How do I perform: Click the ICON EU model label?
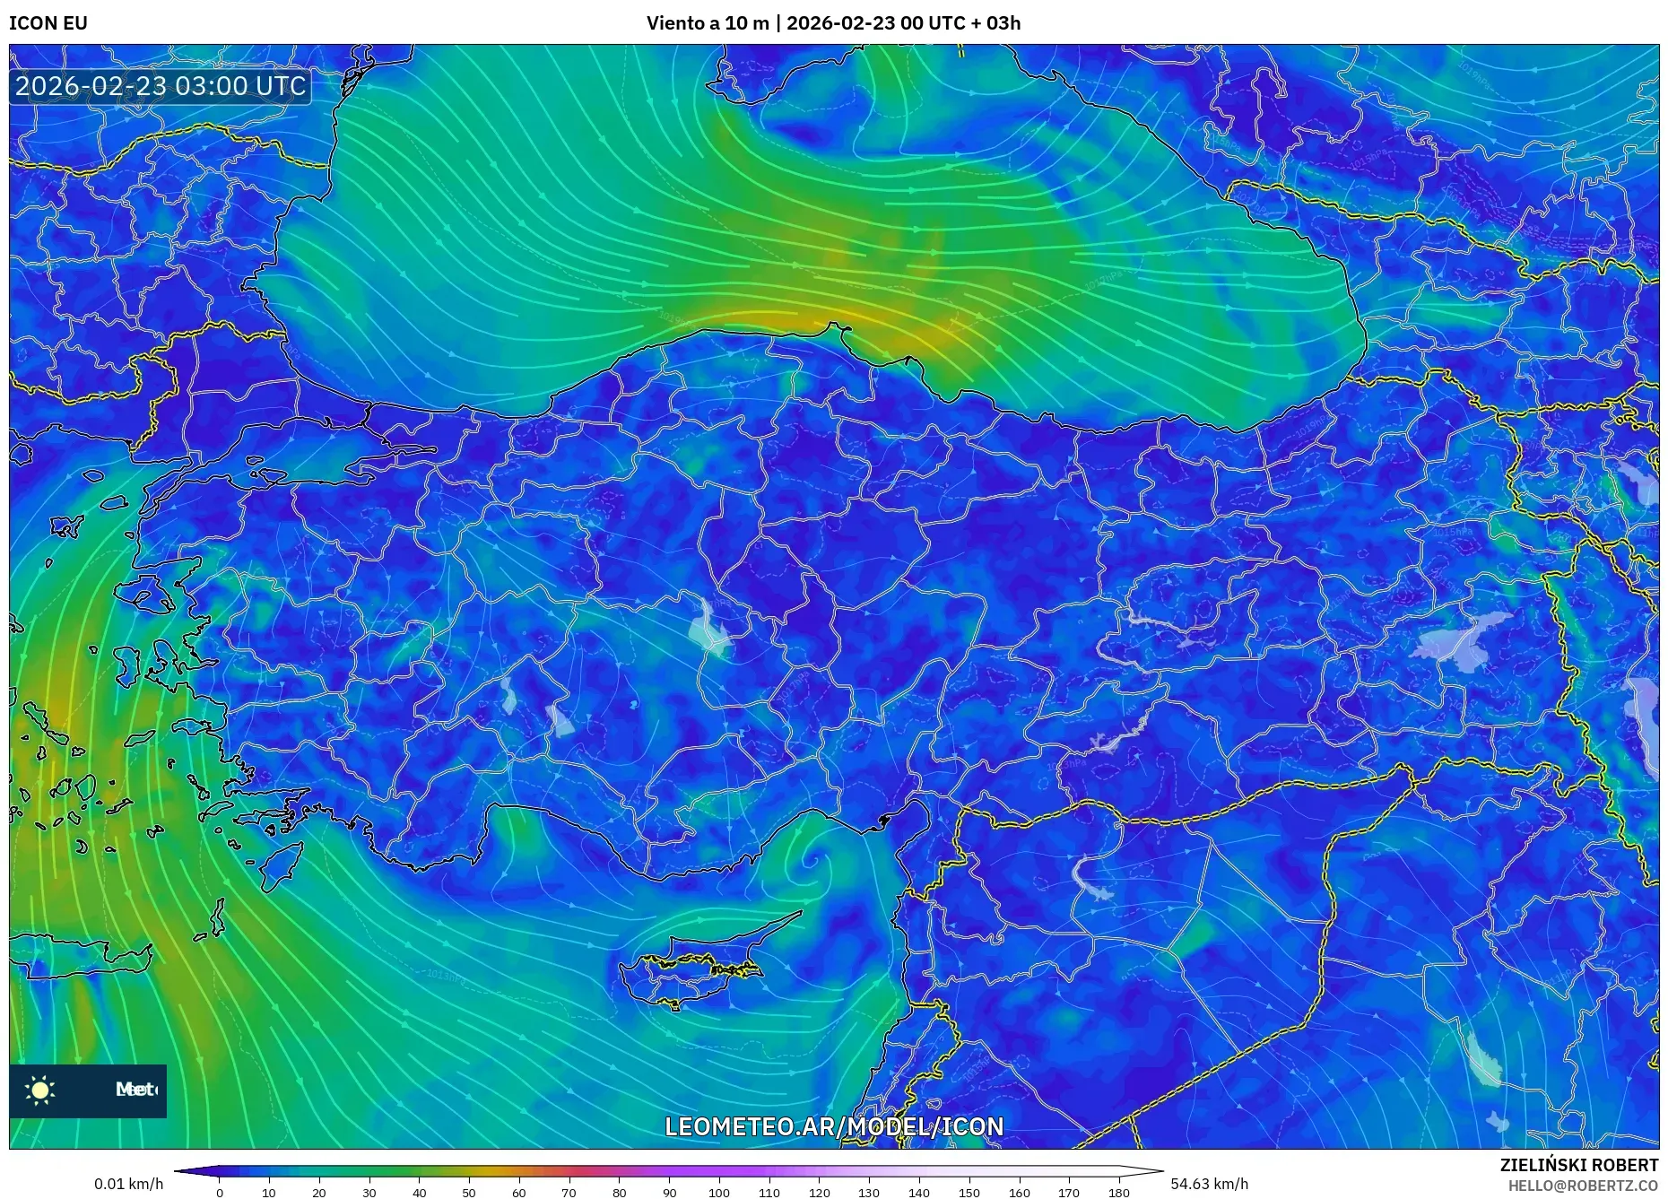pyautogui.click(x=48, y=23)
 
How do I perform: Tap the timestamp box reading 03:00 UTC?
pyautogui.click(x=161, y=86)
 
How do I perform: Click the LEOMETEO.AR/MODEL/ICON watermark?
pyautogui.click(x=833, y=1126)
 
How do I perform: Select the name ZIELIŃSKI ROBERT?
pyautogui.click(x=1578, y=1165)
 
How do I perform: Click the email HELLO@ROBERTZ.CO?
pyautogui.click(x=1582, y=1186)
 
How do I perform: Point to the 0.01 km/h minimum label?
pyautogui.click(x=128, y=1184)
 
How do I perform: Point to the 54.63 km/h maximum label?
pyautogui.click(x=1209, y=1184)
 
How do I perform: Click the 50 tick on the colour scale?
pyautogui.click(x=469, y=1193)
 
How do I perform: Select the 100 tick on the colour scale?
pyautogui.click(x=718, y=1193)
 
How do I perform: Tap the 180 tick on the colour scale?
pyautogui.click(x=1118, y=1193)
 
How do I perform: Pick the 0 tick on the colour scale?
pyautogui.click(x=220, y=1193)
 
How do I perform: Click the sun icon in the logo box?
pyautogui.click(x=40, y=1090)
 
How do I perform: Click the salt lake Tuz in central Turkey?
pyautogui.click(x=708, y=628)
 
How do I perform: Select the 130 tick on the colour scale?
pyautogui.click(x=868, y=1193)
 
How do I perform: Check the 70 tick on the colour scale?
pyautogui.click(x=569, y=1193)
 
